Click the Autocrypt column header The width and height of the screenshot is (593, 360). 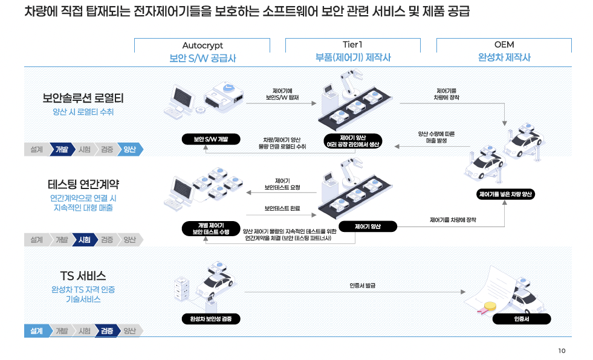(x=202, y=45)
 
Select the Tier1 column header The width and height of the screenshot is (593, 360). (x=352, y=45)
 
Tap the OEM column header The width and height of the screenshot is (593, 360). (x=504, y=45)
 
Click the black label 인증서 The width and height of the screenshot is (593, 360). (x=522, y=319)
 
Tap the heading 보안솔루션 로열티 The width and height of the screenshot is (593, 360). (x=83, y=98)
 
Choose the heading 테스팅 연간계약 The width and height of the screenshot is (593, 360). (x=83, y=184)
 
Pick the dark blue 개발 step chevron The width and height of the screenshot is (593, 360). (x=62, y=149)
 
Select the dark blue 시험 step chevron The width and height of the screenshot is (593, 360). (x=84, y=240)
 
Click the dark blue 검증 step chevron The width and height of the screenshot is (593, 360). (x=106, y=331)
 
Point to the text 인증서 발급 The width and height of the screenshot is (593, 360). (x=362, y=285)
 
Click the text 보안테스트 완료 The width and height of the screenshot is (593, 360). (x=282, y=208)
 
